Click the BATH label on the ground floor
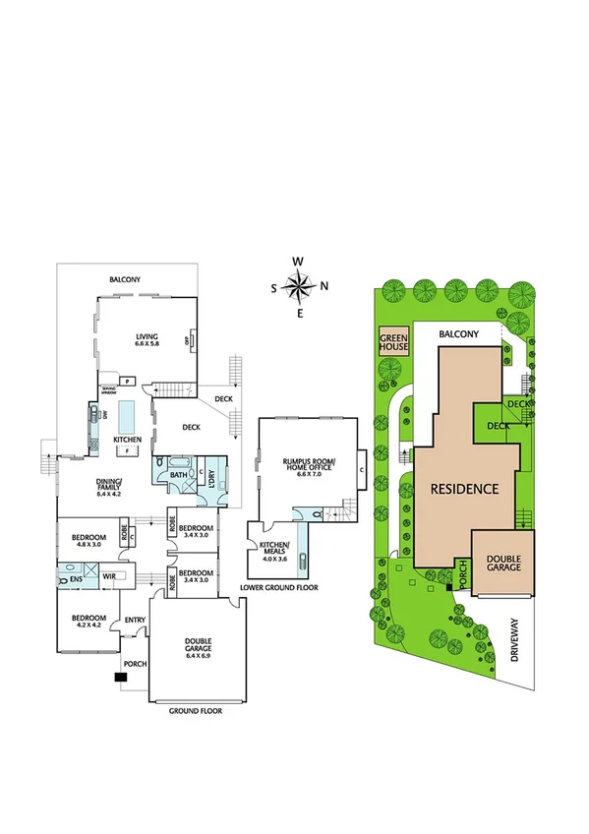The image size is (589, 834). click(x=178, y=475)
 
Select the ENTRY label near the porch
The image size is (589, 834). click(x=134, y=620)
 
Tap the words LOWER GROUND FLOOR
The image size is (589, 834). click(x=279, y=587)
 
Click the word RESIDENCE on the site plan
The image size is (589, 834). click(x=463, y=488)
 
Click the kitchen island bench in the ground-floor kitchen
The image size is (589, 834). click(x=127, y=415)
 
